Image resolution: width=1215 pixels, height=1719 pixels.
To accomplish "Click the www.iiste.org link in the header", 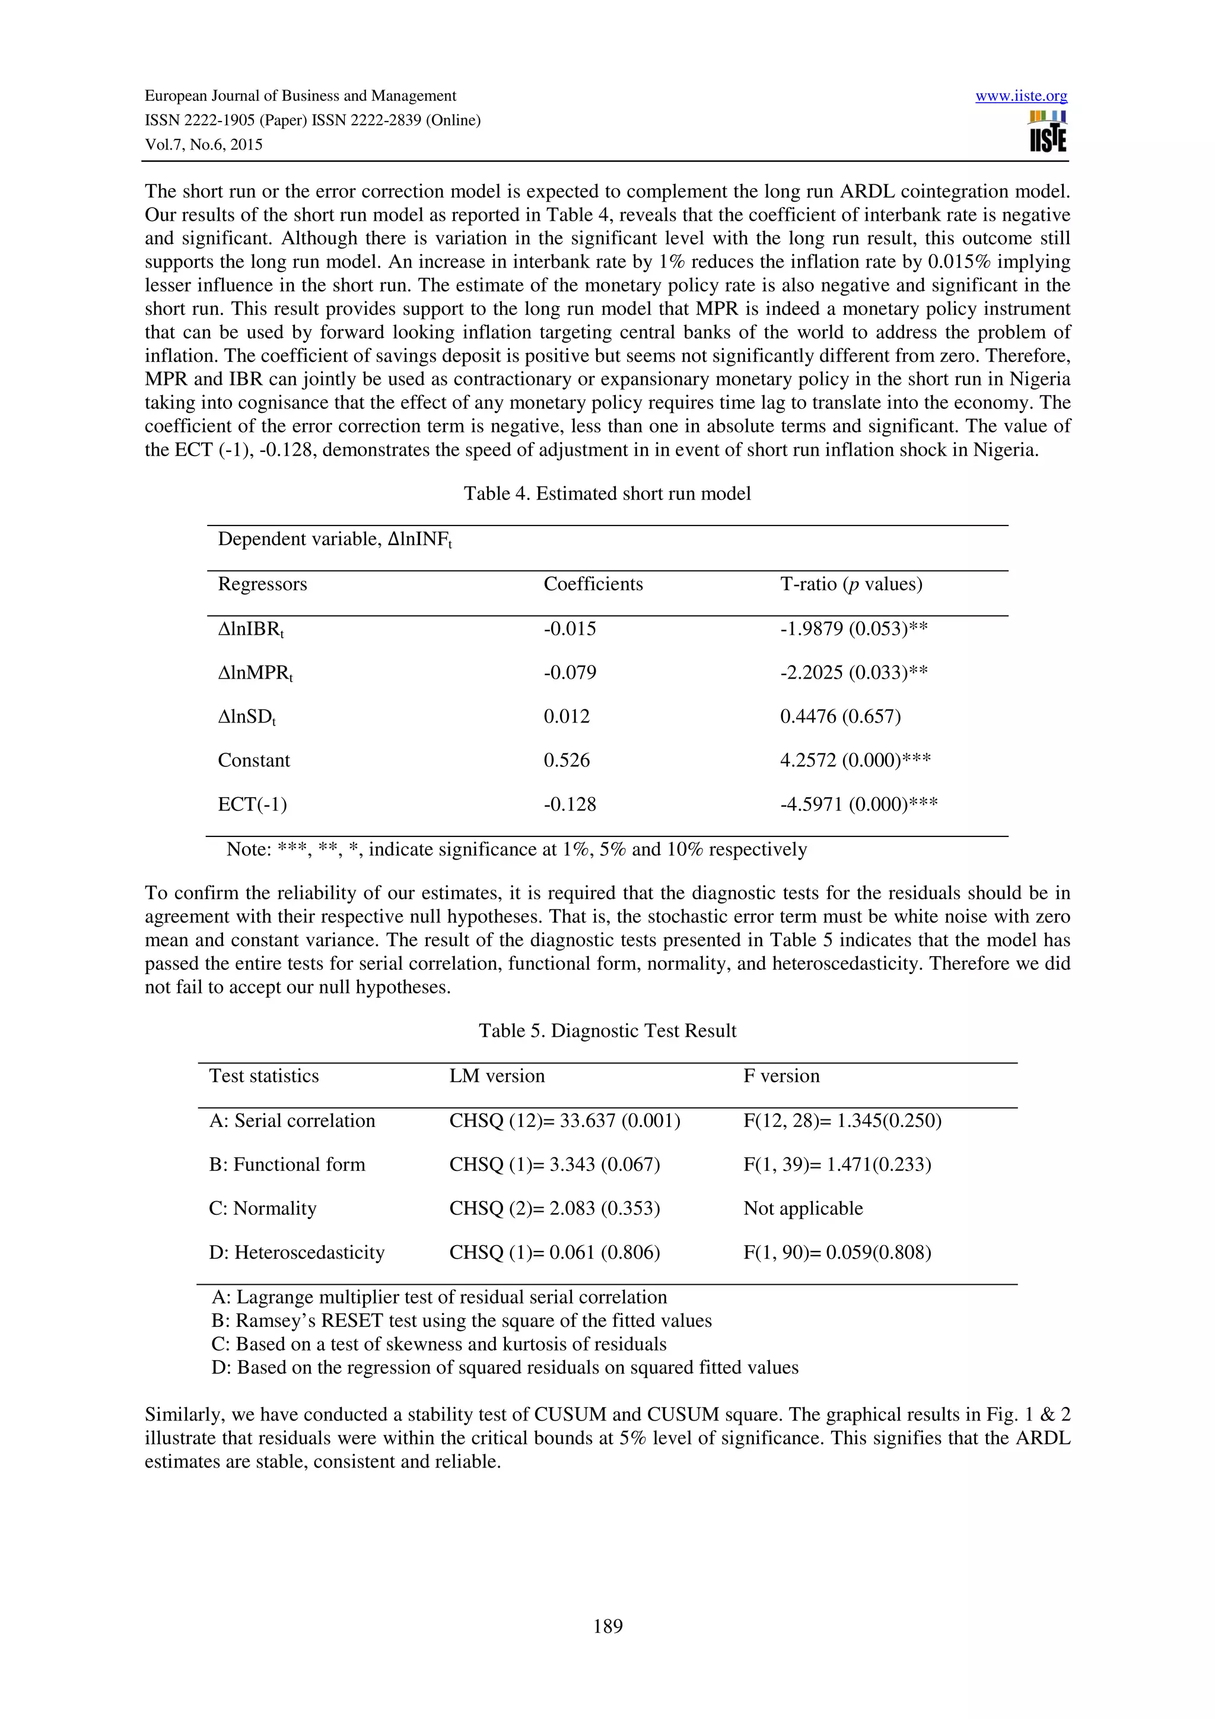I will (1020, 96).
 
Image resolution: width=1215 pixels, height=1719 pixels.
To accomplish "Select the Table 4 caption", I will (606, 494).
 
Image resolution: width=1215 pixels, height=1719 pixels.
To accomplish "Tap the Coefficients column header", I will (593, 584).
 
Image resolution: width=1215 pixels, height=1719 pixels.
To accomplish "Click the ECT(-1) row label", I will (252, 804).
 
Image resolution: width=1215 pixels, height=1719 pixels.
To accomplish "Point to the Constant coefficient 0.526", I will (566, 760).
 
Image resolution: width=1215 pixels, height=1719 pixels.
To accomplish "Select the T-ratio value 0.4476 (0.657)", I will (840, 717).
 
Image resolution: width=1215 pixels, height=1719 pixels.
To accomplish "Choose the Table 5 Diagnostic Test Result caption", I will (607, 1031).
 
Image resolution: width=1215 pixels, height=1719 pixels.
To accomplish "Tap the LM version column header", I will (497, 1076).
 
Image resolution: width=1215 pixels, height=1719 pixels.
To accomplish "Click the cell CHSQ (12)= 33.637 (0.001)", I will (564, 1121).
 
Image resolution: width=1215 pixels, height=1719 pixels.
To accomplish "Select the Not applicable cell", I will (803, 1208).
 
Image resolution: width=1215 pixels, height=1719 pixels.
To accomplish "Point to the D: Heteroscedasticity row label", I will (297, 1253).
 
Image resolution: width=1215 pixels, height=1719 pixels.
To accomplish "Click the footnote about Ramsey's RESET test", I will (461, 1321).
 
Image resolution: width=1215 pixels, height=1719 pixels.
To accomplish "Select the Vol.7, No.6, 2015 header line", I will (203, 145).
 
